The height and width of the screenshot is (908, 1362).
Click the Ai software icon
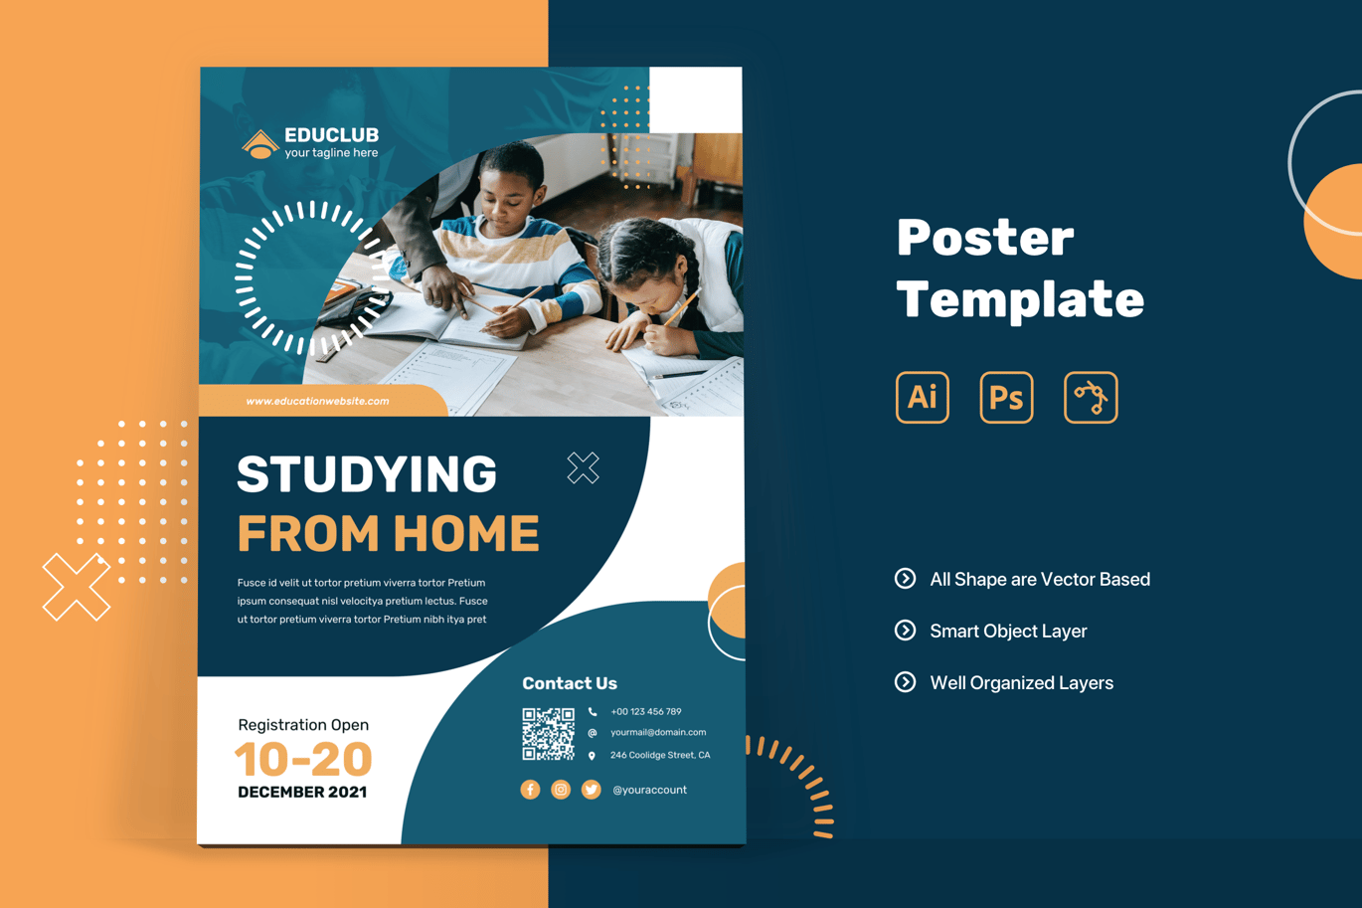pos(922,397)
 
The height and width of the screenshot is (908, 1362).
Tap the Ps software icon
pos(1006,397)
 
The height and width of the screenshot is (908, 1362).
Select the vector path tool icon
pos(1091,397)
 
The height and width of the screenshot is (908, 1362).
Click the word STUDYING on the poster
pos(367,473)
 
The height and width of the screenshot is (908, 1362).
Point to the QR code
pos(548,733)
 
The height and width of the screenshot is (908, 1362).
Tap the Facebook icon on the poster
pos(530,790)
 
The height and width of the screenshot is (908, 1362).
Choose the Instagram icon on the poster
pos(561,790)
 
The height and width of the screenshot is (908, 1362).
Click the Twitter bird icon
pos(591,790)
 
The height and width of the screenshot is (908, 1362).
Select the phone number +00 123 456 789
pos(646,711)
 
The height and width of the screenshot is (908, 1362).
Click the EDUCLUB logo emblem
pos(260,144)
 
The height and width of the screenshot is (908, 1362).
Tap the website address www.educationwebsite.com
pos(317,401)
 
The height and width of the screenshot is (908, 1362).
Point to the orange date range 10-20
pos(303,759)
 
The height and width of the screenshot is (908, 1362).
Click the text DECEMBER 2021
pos(302,792)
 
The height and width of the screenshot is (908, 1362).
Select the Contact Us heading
pos(570,683)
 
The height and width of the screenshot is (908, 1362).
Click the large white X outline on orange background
pos(76,587)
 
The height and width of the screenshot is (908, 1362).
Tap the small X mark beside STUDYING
pos(584,468)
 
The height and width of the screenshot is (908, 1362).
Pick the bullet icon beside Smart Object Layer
pos(905,631)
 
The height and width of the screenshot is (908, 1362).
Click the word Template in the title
pos(1020,299)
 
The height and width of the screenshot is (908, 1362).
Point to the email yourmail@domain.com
pos(658,732)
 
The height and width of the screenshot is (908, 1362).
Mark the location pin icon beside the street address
pos(592,756)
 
